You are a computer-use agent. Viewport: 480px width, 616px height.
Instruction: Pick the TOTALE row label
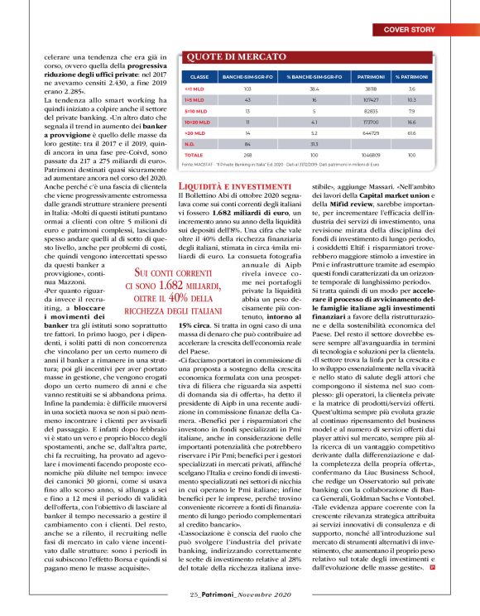tap(192, 155)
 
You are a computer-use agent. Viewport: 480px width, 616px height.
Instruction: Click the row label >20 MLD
tap(192, 132)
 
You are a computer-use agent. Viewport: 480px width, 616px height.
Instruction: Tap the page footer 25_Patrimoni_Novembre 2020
tap(240, 595)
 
